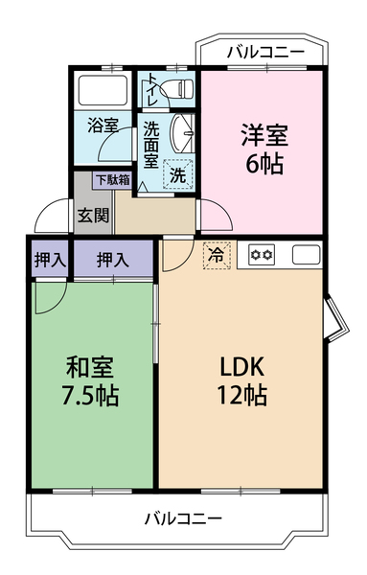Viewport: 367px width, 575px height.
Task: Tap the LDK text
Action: (x=241, y=367)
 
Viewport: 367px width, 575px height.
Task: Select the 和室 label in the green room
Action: (x=92, y=367)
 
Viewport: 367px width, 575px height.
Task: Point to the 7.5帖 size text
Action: (x=92, y=396)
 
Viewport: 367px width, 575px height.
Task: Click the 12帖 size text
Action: (x=241, y=396)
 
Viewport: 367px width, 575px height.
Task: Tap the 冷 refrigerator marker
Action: (x=217, y=256)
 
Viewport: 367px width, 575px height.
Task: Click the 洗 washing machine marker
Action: (x=176, y=174)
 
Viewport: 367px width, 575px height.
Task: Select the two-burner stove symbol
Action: (x=263, y=255)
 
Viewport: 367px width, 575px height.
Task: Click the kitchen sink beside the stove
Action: (x=305, y=255)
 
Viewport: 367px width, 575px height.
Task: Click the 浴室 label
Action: (x=102, y=124)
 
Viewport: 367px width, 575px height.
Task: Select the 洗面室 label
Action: (x=151, y=141)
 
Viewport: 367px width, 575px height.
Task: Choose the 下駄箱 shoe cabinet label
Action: (x=111, y=179)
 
